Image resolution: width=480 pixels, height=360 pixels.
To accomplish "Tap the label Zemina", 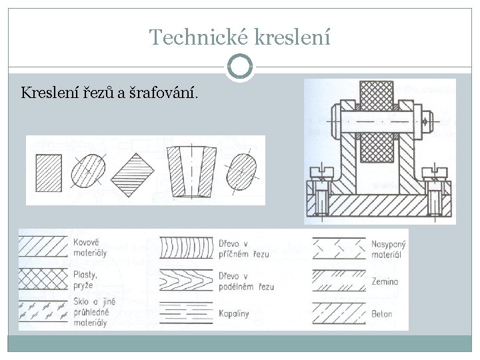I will pyautogui.click(x=385, y=282).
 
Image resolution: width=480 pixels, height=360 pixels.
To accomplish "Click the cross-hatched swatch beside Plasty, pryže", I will pyautogui.click(x=42, y=278).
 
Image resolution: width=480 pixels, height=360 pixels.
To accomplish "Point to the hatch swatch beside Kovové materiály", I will pyautogui.click(x=42, y=246).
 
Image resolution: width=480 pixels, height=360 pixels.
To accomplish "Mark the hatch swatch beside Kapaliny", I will pyautogui.click(x=185, y=311).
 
